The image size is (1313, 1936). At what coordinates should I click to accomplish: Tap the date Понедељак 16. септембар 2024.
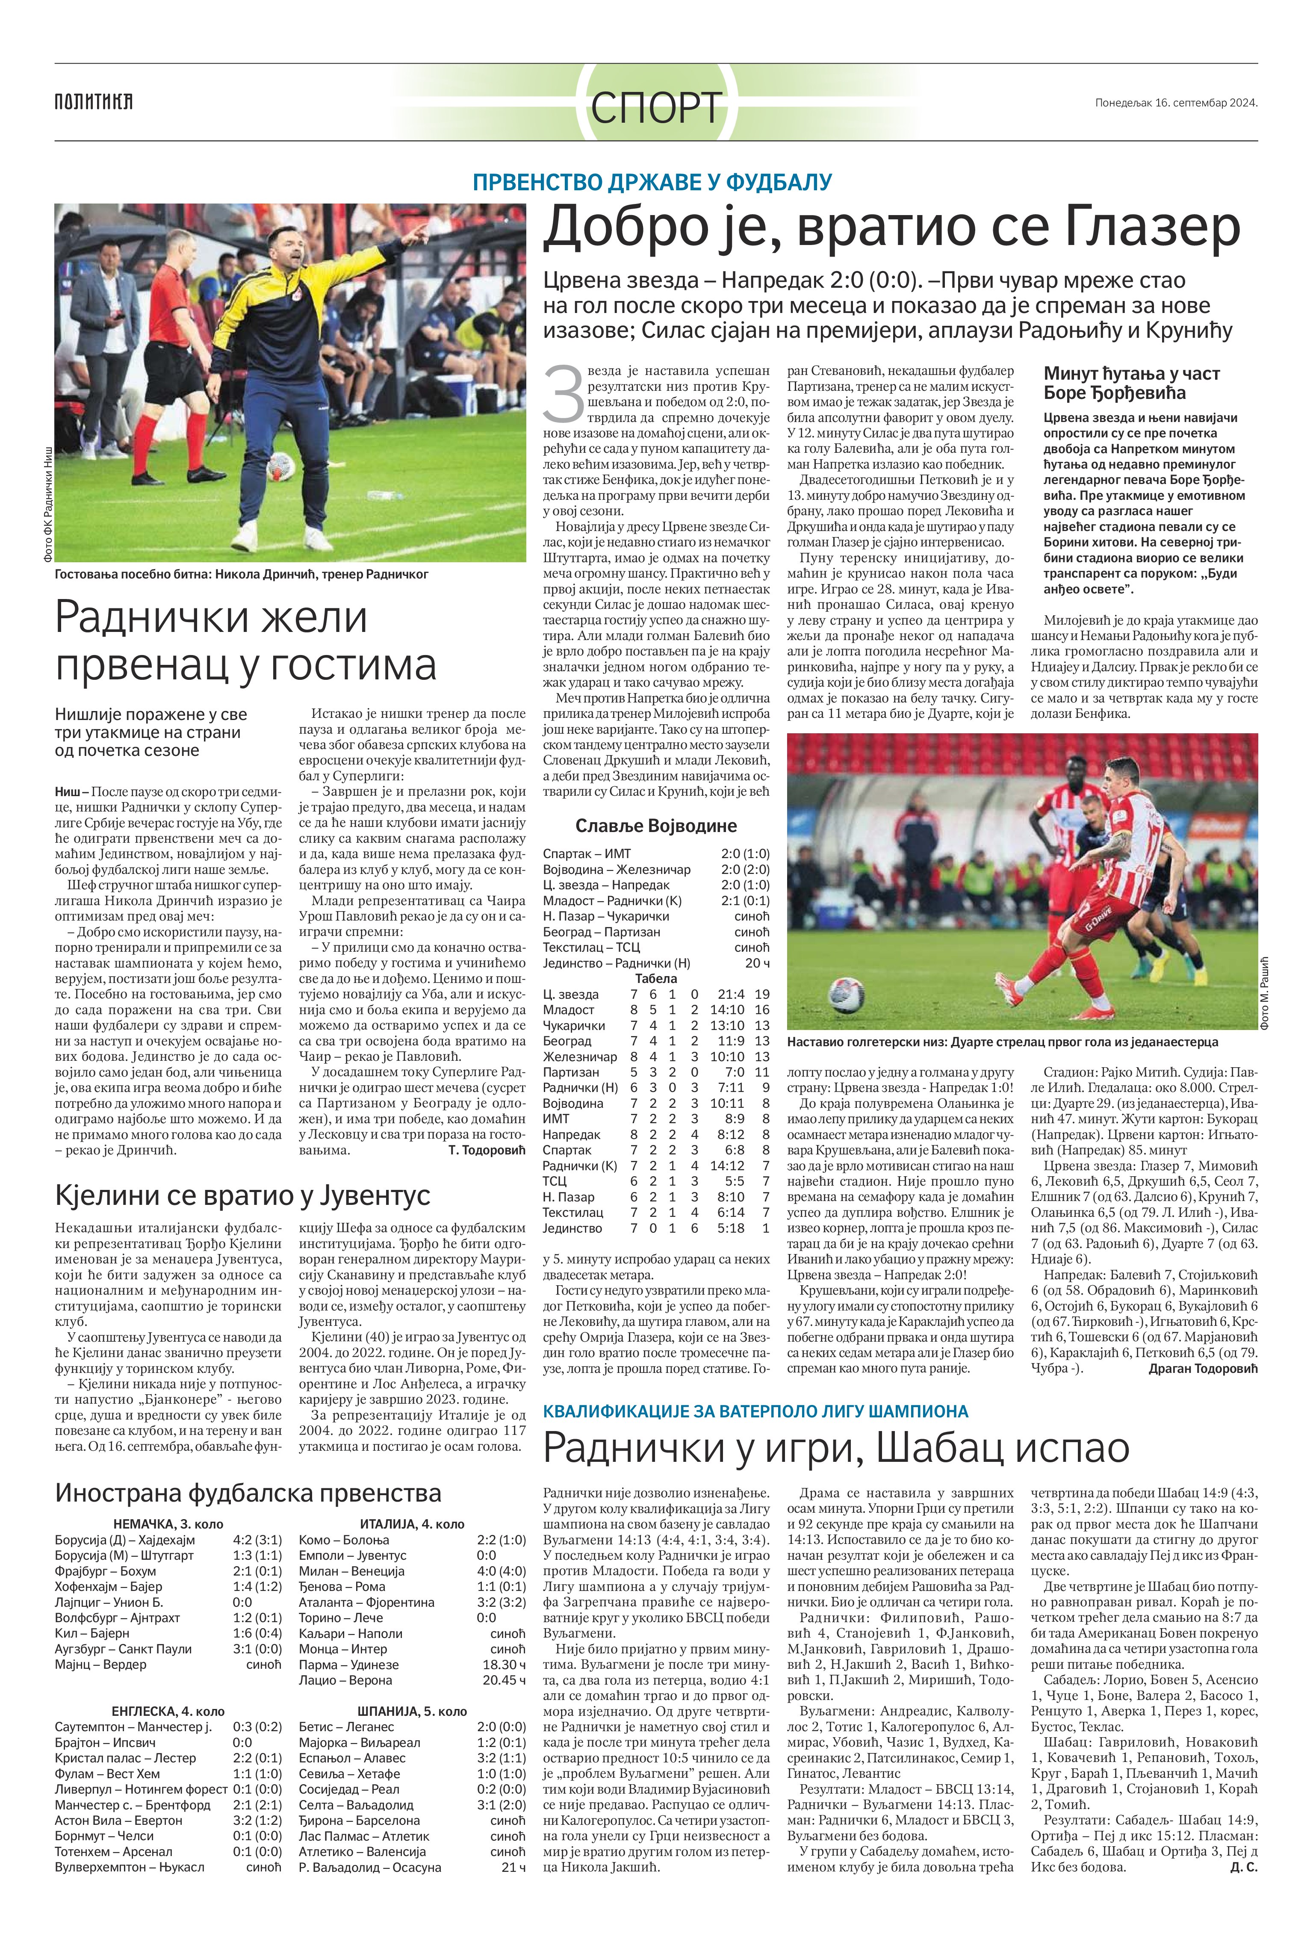pyautogui.click(x=1175, y=103)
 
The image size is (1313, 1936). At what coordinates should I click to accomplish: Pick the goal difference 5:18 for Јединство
pyautogui.click(x=730, y=1228)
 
